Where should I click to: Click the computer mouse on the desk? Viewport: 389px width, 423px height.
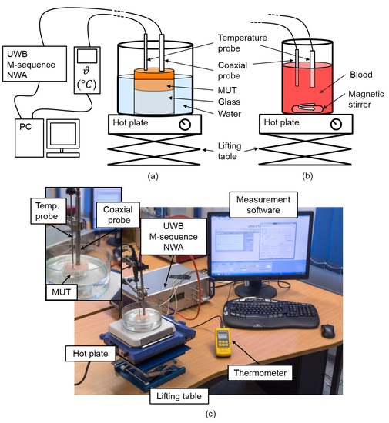click(x=328, y=331)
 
